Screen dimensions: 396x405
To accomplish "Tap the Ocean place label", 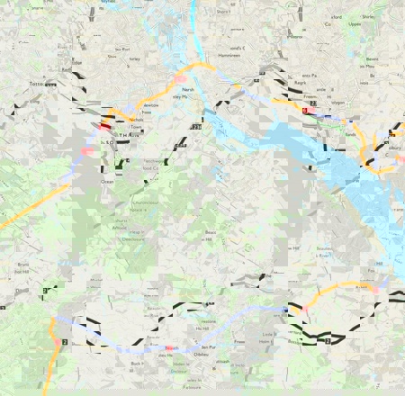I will pos(108,181).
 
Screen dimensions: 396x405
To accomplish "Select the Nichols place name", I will pos(137,118).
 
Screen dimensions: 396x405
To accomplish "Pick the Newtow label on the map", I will pos(149,104).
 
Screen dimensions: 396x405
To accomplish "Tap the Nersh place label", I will pos(187,89).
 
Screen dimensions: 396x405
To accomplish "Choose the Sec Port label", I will pos(122,50).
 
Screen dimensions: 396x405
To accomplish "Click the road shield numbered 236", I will pos(195,129).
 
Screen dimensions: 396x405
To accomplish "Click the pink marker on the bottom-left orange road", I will pos(58,342).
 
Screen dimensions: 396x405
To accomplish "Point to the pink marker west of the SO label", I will pos(87,150).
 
